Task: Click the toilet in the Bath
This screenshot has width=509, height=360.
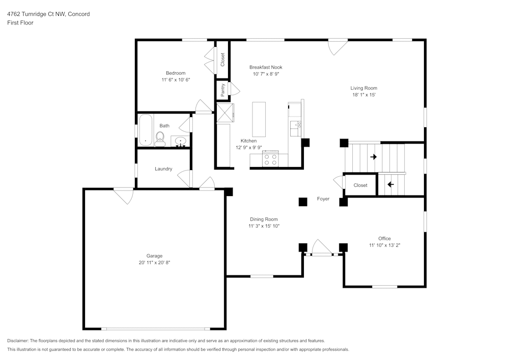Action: [x=160, y=139]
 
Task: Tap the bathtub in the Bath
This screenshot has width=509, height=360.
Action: [x=146, y=130]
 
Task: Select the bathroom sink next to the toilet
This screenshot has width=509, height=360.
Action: [x=180, y=142]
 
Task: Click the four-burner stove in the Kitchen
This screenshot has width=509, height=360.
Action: [x=270, y=159]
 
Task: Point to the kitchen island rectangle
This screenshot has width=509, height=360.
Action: [x=259, y=120]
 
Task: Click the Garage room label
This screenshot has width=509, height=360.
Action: [x=154, y=256]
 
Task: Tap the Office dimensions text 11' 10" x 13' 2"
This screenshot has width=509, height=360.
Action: [x=385, y=245]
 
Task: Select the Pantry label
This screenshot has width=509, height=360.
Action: [x=223, y=90]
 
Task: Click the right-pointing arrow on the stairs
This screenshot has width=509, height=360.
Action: [x=374, y=157]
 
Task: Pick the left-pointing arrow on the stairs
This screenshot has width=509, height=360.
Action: [x=390, y=184]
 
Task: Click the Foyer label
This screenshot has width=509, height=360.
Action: [x=323, y=199]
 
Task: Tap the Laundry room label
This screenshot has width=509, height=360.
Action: [x=163, y=169]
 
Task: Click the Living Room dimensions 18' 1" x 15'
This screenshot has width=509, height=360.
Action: [x=364, y=95]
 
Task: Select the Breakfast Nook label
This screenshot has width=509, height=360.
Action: [x=266, y=67]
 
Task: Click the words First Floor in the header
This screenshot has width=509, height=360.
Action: [x=20, y=23]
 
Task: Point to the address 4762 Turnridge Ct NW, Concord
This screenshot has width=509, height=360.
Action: [x=48, y=14]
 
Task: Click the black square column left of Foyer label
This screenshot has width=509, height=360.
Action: [x=303, y=202]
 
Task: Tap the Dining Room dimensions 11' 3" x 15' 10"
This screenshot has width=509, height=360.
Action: [x=264, y=226]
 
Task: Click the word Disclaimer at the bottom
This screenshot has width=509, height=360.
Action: [x=17, y=341]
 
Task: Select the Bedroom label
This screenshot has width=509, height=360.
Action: [x=176, y=73]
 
